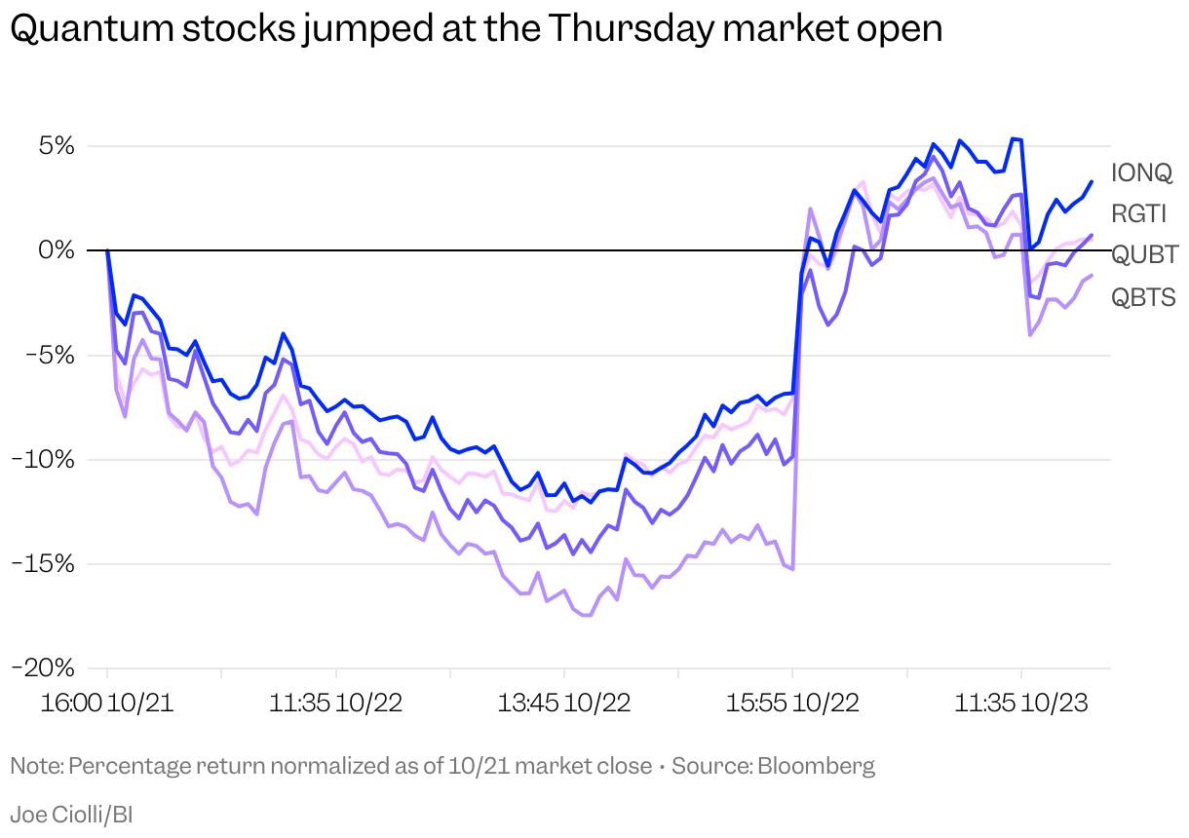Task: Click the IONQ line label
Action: click(1141, 173)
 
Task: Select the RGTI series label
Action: click(1139, 213)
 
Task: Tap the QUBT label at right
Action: click(1144, 254)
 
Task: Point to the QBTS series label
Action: click(1143, 296)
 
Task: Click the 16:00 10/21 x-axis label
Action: click(107, 704)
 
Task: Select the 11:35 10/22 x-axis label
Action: click(336, 704)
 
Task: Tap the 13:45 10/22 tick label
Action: click(565, 704)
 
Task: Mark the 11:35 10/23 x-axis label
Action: click(1021, 704)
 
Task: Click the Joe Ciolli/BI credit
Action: click(71, 814)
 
